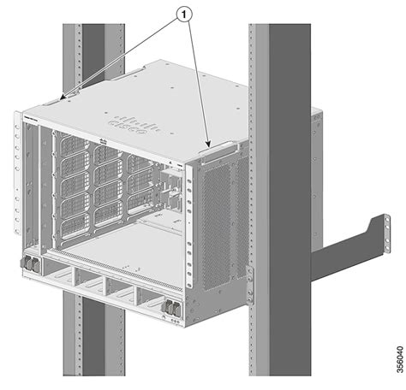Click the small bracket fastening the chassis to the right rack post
[249, 278]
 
